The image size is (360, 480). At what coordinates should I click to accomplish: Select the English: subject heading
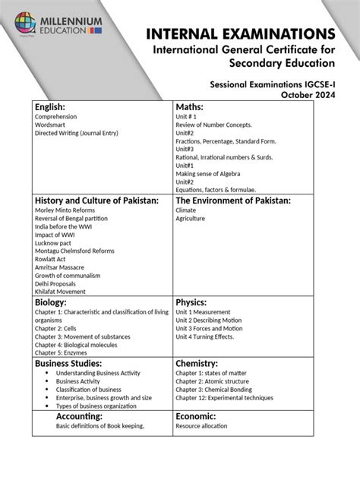click(x=50, y=106)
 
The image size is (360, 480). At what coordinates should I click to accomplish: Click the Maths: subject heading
click(x=190, y=106)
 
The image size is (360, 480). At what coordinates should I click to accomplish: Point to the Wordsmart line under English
click(x=49, y=125)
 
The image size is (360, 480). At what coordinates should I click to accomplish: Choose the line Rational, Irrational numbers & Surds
click(x=224, y=157)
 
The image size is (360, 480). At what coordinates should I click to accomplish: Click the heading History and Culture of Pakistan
click(x=96, y=201)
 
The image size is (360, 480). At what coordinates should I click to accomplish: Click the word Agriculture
click(x=190, y=219)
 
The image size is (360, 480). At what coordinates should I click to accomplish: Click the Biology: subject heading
click(x=51, y=302)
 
